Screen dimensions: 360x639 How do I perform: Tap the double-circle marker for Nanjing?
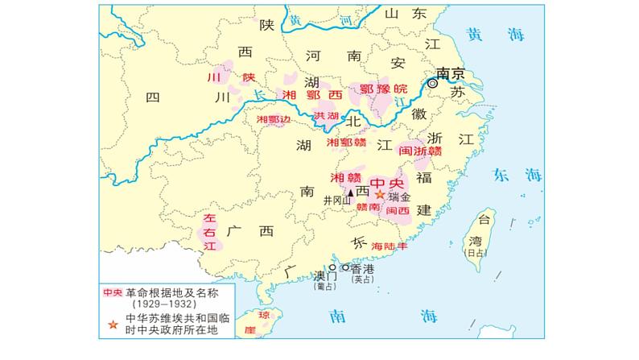point(434,83)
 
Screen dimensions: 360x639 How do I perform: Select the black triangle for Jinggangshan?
point(350,193)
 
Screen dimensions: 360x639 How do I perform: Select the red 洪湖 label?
point(326,116)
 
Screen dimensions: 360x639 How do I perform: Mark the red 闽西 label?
point(398,209)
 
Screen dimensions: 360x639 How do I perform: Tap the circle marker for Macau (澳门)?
point(332,267)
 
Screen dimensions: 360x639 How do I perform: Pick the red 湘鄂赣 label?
point(347,143)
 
